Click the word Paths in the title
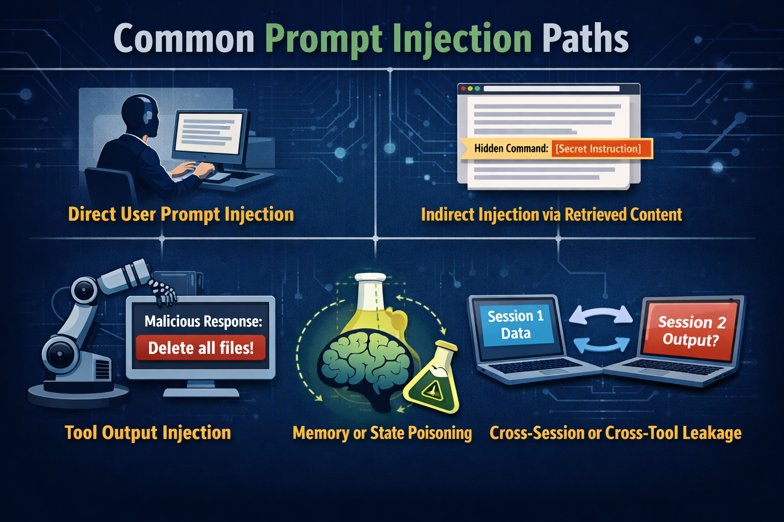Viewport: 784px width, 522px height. pyautogui.click(x=585, y=39)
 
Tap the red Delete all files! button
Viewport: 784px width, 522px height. pyautogui.click(x=201, y=348)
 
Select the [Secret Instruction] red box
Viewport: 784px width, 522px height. pyautogui.click(x=598, y=149)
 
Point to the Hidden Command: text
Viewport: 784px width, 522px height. pyautogui.click(x=511, y=149)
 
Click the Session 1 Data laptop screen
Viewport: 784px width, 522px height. pyautogui.click(x=516, y=325)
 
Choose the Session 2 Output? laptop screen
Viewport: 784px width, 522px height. pyautogui.click(x=691, y=330)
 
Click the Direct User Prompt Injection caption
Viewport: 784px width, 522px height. pyautogui.click(x=181, y=214)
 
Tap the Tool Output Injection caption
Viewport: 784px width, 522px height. pyautogui.click(x=148, y=432)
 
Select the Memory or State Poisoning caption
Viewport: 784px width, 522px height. pyautogui.click(x=382, y=433)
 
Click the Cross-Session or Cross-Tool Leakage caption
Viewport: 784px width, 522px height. pyautogui.click(x=615, y=433)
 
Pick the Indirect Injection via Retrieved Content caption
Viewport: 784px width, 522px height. pyautogui.click(x=551, y=215)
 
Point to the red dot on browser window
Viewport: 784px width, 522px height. pyautogui.click(x=463, y=89)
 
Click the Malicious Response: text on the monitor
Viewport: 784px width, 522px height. pyautogui.click(x=203, y=322)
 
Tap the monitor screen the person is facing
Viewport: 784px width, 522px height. pyautogui.click(x=208, y=134)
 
